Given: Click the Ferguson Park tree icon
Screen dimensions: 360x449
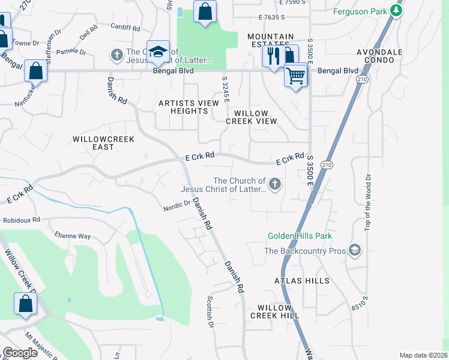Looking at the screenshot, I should [396, 10].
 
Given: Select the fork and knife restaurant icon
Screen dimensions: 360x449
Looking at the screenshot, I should [273, 56].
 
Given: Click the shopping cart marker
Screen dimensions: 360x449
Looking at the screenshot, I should [295, 76].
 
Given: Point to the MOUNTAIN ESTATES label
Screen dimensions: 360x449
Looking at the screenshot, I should [271, 41].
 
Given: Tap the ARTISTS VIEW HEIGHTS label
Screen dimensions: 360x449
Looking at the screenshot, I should [188, 107].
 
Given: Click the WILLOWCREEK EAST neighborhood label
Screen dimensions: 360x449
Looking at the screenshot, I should [103, 143].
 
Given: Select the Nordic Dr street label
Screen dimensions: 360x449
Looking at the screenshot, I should [176, 205].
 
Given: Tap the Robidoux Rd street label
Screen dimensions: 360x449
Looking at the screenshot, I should [21, 220].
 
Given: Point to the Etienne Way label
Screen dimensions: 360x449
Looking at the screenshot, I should [73, 236].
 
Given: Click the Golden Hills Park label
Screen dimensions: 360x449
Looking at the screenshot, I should [300, 236].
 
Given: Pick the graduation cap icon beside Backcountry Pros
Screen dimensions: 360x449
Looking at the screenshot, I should [355, 250].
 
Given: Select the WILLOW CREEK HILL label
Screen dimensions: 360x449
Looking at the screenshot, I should [274, 311].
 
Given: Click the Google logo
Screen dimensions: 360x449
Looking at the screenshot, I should [20, 353].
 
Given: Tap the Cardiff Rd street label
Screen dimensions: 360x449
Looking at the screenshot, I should [125, 26].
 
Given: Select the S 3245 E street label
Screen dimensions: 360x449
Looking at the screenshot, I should [226, 89].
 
